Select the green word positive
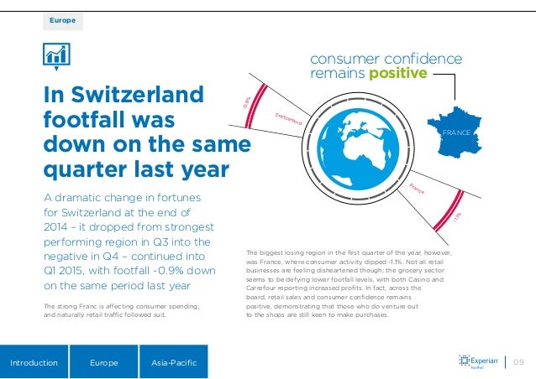point(394,75)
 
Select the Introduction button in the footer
point(34,363)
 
